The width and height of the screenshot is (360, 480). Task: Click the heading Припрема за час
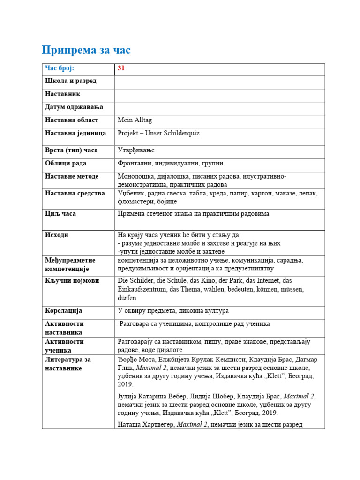pyautogui.click(x=86, y=50)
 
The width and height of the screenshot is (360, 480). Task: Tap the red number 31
pyautogui.click(x=121, y=68)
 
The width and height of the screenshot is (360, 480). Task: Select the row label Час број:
pyautogui.click(x=60, y=68)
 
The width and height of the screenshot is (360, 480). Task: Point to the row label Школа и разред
pyautogui.click(x=71, y=81)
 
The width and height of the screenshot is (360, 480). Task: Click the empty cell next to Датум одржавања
pyautogui.click(x=219, y=108)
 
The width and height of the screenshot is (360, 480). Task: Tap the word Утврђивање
pyautogui.click(x=136, y=150)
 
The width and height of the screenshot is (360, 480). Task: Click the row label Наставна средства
pyautogui.click(x=75, y=194)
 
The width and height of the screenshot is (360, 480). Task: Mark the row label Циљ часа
pyautogui.click(x=60, y=214)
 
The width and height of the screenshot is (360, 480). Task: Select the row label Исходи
pyautogui.click(x=57, y=235)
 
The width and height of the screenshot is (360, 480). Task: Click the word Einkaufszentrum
pyautogui.click(x=142, y=289)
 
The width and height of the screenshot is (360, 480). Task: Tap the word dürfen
pyautogui.click(x=127, y=298)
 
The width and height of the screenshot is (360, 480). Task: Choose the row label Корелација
pyautogui.click(x=64, y=311)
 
